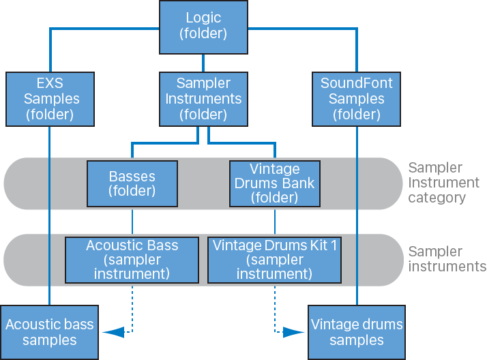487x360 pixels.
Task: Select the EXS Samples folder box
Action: pyautogui.click(x=50, y=99)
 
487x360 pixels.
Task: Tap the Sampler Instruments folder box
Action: pyautogui.click(x=203, y=99)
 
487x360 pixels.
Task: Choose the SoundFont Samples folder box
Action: pyautogui.click(x=357, y=99)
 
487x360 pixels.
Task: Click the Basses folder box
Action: pyautogui.click(x=132, y=183)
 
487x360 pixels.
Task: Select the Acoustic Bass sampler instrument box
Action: pyautogui.click(x=132, y=260)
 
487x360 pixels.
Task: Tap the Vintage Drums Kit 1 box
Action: pyautogui.click(x=275, y=260)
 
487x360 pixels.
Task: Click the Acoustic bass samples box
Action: pyautogui.click(x=50, y=332)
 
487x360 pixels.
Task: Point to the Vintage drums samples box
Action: pyautogui.click(x=357, y=332)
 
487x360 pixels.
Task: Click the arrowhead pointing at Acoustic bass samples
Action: pyautogui.click(x=114, y=332)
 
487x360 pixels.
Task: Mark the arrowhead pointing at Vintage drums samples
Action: pyautogui.click(x=294, y=332)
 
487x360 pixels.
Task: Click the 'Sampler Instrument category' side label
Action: pyautogui.click(x=443, y=183)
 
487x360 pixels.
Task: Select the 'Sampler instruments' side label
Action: pyautogui.click(x=447, y=259)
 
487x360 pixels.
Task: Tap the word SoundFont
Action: pyautogui.click(x=357, y=83)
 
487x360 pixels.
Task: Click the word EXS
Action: pyautogui.click(x=50, y=83)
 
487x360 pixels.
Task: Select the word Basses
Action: pyautogui.click(x=132, y=176)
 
